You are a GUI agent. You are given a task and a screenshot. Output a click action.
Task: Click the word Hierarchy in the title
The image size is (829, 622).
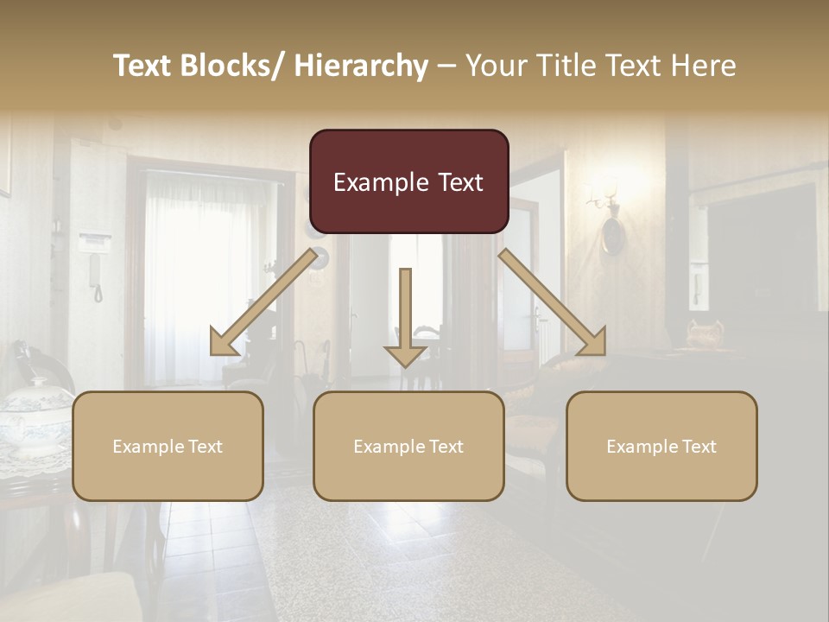[x=361, y=66]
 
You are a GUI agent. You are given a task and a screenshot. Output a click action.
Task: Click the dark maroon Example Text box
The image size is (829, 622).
[x=408, y=182]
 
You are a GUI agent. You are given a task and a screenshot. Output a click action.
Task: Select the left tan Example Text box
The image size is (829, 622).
[x=168, y=446]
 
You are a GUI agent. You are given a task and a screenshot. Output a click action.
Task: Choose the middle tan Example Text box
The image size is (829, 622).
[x=408, y=446]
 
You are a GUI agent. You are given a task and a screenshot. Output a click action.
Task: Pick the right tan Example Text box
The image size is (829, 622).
[x=661, y=446]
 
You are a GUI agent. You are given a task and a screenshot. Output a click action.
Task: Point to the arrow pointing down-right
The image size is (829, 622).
[x=554, y=303]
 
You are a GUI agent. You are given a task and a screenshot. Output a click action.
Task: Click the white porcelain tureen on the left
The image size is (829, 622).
[x=35, y=415]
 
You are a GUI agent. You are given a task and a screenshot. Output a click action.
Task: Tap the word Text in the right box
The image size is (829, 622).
[x=699, y=447]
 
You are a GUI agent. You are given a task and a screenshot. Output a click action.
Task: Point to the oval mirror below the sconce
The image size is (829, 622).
[x=612, y=235]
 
